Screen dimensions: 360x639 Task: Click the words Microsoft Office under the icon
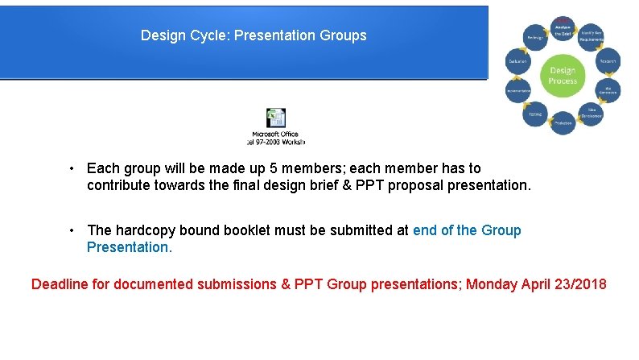point(275,134)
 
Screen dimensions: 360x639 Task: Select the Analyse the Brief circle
point(563,29)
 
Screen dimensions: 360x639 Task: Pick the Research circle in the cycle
point(607,61)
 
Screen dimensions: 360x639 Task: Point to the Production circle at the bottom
point(563,122)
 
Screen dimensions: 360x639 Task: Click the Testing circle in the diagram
point(534,114)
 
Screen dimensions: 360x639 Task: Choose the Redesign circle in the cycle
point(534,36)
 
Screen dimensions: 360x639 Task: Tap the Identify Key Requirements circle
point(592,36)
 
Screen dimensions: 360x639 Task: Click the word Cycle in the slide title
point(209,35)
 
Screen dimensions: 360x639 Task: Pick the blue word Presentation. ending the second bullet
point(129,247)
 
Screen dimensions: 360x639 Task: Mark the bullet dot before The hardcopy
point(72,230)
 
